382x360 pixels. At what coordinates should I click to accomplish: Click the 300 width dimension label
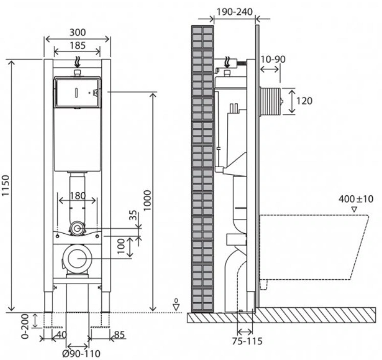(x=78, y=32)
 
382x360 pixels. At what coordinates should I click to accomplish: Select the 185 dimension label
(x=78, y=46)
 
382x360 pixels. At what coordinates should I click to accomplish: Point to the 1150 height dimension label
(x=5, y=185)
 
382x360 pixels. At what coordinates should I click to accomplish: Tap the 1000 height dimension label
(x=147, y=200)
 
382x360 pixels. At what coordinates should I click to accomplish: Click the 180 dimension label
(x=78, y=195)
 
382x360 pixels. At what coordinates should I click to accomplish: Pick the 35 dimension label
(x=133, y=215)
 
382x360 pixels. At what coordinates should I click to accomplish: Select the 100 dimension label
(x=121, y=246)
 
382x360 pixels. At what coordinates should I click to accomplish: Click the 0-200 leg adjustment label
(x=25, y=326)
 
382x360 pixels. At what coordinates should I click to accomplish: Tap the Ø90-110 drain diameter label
(x=81, y=353)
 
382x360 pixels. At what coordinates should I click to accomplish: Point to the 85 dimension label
(x=119, y=335)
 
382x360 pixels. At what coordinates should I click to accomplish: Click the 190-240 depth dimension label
(x=235, y=12)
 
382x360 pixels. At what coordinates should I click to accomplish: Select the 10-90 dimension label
(x=273, y=59)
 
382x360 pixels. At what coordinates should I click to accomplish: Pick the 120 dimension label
(x=304, y=101)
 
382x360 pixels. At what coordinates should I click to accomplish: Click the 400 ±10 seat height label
(x=356, y=199)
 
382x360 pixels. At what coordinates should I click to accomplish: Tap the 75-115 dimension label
(x=247, y=341)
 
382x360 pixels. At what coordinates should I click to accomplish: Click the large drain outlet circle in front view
(x=77, y=258)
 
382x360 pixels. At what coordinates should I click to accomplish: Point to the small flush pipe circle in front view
(x=77, y=229)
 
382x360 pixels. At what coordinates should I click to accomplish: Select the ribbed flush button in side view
(x=271, y=101)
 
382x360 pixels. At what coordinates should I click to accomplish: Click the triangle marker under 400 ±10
(x=354, y=209)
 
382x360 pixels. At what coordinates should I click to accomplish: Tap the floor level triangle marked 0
(x=176, y=307)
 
